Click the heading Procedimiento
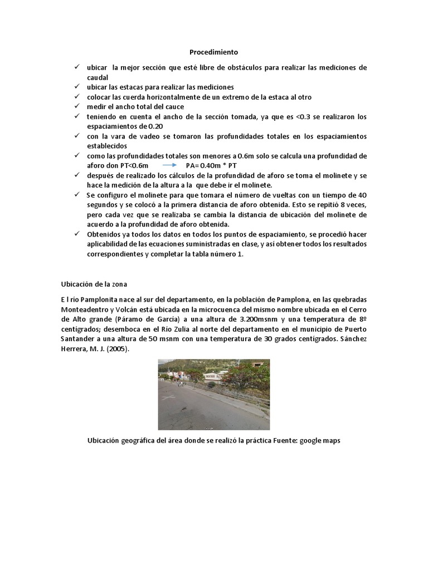click(213, 52)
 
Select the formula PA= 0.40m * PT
click(212, 166)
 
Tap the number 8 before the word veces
click(343, 204)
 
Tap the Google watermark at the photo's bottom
click(208, 427)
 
